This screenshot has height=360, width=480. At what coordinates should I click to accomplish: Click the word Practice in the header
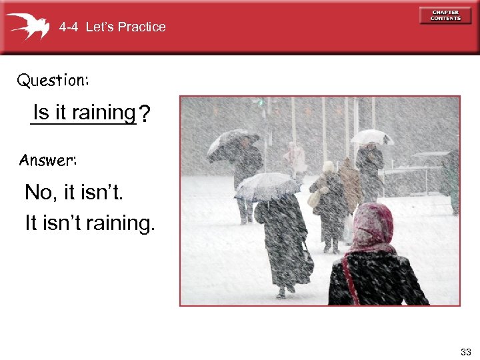tap(141, 27)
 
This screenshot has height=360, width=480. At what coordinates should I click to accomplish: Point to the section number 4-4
tap(69, 27)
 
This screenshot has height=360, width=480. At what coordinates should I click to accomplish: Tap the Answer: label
tap(48, 160)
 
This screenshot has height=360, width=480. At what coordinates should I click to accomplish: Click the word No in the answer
tap(37, 193)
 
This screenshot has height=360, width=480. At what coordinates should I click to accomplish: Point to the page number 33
tap(465, 351)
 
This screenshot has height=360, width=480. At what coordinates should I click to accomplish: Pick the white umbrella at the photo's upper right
tap(371, 137)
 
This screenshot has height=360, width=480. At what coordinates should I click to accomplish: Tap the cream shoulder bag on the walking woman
tap(314, 198)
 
